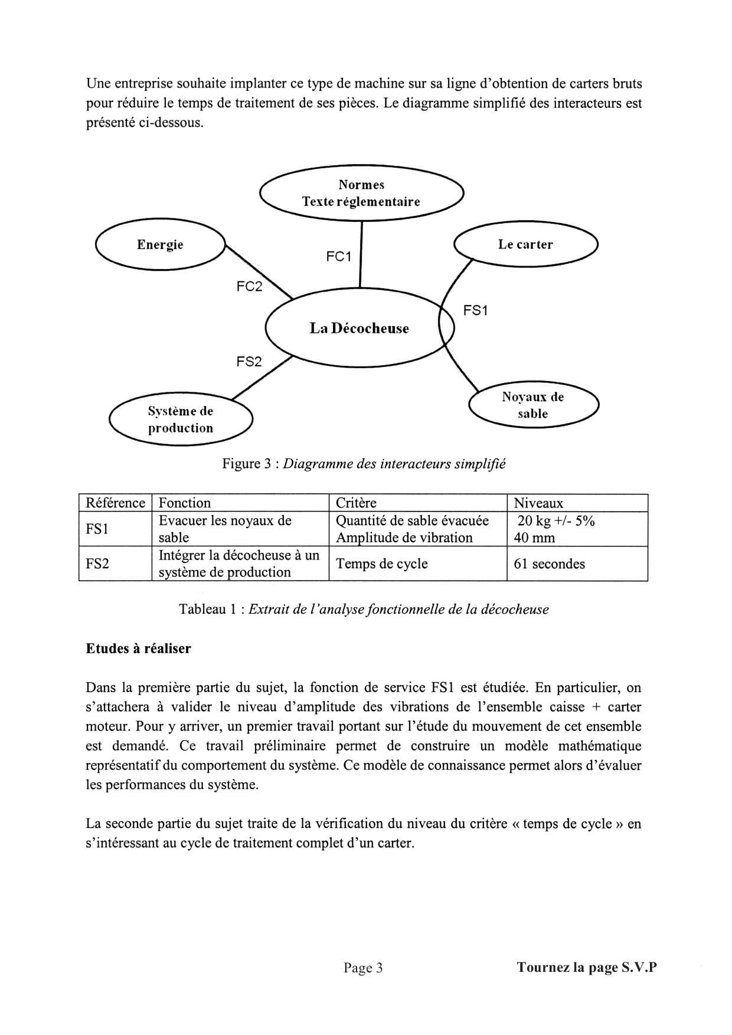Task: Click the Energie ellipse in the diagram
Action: tap(161, 244)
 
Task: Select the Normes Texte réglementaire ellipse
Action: tap(361, 193)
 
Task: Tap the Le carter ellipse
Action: tap(525, 244)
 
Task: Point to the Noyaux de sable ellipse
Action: tap(533, 405)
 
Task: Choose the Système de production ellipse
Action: tap(181, 420)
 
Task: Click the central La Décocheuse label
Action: tap(359, 328)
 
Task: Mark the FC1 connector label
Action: tap(338, 257)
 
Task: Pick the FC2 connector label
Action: tap(249, 287)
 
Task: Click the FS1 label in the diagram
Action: tap(475, 310)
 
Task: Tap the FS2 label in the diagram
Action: tap(249, 362)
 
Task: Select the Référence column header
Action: tap(115, 503)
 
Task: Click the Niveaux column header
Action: tap(538, 503)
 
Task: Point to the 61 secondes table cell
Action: tap(549, 564)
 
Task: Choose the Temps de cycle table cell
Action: tap(381, 564)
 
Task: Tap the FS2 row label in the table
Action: tap(97, 564)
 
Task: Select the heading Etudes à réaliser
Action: tap(138, 648)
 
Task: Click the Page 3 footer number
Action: tap(363, 968)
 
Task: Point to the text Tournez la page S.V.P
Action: tap(586, 968)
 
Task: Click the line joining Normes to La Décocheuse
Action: tap(361, 254)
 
